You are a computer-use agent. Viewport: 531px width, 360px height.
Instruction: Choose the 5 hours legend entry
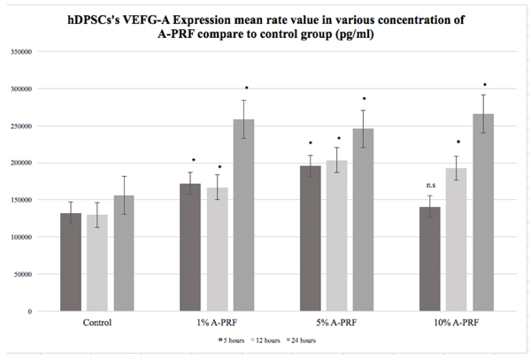click(x=233, y=340)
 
